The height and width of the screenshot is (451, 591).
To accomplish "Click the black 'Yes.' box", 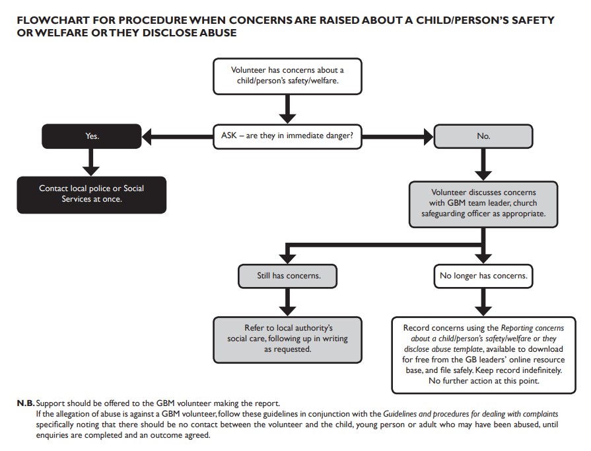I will coord(92,136).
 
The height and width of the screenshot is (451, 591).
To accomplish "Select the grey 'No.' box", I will coord(483,136).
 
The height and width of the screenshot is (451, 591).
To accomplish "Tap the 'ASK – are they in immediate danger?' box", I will coord(287,136).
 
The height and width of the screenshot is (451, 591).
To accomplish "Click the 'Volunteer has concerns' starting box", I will coord(287,77).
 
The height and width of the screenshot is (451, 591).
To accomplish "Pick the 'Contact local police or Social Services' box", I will coord(92,194).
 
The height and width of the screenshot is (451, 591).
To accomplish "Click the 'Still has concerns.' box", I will coord(288,276).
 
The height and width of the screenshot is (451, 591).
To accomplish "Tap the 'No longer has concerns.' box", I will coord(483,276).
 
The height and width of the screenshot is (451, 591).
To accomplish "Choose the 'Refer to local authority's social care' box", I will coord(288,338).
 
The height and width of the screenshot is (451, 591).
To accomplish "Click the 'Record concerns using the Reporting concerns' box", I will coord(482,354).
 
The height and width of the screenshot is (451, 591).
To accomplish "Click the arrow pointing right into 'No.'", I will coord(396,136).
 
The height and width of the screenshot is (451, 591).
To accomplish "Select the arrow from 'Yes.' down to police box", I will coord(92,161).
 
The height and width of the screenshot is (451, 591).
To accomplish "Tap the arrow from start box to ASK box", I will coord(287,107).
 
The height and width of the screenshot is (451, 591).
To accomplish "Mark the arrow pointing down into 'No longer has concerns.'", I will coord(483,254).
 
